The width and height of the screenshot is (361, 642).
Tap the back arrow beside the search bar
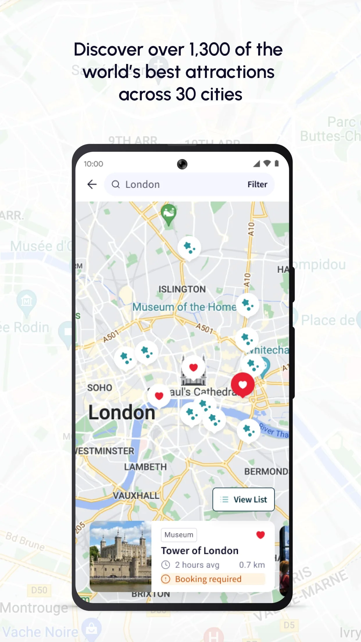point(92,184)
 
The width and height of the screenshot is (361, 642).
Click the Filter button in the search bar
point(257,184)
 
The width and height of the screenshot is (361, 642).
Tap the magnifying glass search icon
point(116,184)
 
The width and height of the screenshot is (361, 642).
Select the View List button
point(244,500)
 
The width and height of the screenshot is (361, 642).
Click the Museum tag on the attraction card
point(179,535)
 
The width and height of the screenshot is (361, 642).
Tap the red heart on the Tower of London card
point(260,535)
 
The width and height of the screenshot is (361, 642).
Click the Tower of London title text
point(200,551)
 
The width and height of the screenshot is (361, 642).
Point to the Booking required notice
point(208,579)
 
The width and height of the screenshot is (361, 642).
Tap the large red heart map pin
point(243,385)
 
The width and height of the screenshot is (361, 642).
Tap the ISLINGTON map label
point(182,289)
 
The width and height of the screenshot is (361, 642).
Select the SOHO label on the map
point(100,388)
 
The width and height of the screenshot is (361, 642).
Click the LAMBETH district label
point(145,467)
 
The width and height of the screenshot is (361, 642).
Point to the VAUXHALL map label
point(136,495)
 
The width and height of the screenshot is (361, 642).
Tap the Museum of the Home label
point(184,307)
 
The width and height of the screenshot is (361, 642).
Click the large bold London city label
point(122,413)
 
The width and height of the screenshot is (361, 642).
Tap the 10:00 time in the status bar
point(93,164)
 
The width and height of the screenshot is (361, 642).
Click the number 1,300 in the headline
point(209,49)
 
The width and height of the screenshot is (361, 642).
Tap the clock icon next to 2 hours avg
point(166,565)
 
